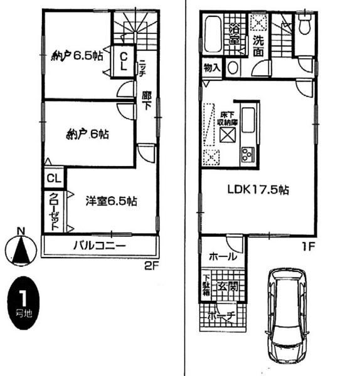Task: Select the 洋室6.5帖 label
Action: click(x=111, y=202)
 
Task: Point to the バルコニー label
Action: click(x=99, y=244)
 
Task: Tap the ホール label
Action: click(x=223, y=256)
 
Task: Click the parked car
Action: click(x=287, y=318)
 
